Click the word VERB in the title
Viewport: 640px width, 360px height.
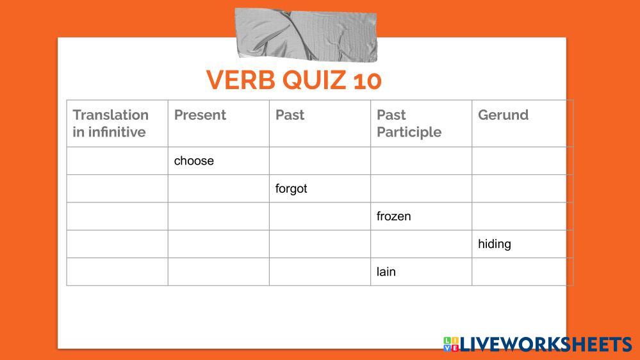tap(240, 80)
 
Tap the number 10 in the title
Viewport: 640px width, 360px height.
tap(367, 81)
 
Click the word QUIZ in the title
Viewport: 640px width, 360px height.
tap(315, 81)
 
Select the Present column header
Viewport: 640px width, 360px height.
tap(200, 115)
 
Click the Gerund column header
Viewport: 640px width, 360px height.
tap(504, 115)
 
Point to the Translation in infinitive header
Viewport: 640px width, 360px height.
tap(111, 123)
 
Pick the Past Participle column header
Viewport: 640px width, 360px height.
tap(409, 124)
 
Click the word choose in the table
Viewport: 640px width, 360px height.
tap(194, 161)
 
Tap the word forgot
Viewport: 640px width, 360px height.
tap(291, 188)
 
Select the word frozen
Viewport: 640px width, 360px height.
tap(393, 217)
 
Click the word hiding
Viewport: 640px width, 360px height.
tap(495, 244)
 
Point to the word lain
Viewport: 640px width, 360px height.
tap(386, 272)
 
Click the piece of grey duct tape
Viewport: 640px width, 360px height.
tap(306, 35)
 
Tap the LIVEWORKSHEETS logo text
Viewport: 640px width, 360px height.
tap(546, 345)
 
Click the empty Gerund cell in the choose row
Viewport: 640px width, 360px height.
tap(519, 161)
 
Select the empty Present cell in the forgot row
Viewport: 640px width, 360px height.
tap(218, 188)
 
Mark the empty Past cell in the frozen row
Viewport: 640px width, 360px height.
tap(320, 217)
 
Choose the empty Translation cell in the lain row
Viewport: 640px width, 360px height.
tap(117, 272)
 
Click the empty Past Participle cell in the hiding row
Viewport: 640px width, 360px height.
tap(422, 244)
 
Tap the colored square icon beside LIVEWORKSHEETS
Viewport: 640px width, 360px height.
tap(451, 344)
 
